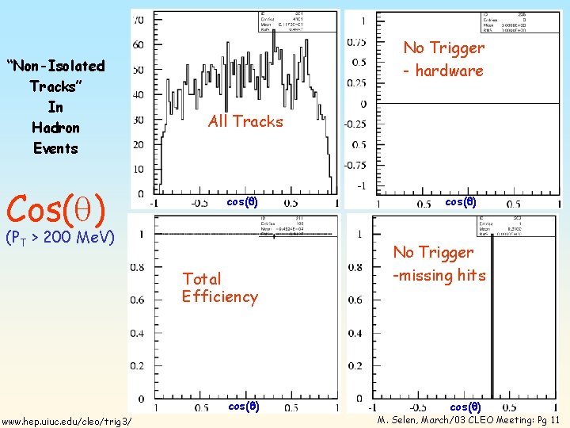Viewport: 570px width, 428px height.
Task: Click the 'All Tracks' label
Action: click(245, 121)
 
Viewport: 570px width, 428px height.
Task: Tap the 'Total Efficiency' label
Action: click(219, 288)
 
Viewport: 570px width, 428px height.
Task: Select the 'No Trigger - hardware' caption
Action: click(443, 59)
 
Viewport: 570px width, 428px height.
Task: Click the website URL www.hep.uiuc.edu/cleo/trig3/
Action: click(66, 420)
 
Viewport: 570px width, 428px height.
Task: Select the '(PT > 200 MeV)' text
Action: click(60, 237)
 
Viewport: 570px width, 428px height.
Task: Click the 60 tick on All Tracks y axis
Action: click(138, 45)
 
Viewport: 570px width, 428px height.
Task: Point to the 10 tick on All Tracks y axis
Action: click(138, 170)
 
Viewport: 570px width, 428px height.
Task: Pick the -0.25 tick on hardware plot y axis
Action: click(354, 124)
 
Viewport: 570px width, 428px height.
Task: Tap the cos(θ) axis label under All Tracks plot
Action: click(242, 201)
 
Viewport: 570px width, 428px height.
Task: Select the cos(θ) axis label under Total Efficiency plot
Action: click(242, 407)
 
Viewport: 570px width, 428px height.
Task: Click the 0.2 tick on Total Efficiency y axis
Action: click(136, 366)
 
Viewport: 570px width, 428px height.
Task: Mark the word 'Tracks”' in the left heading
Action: click(55, 86)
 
